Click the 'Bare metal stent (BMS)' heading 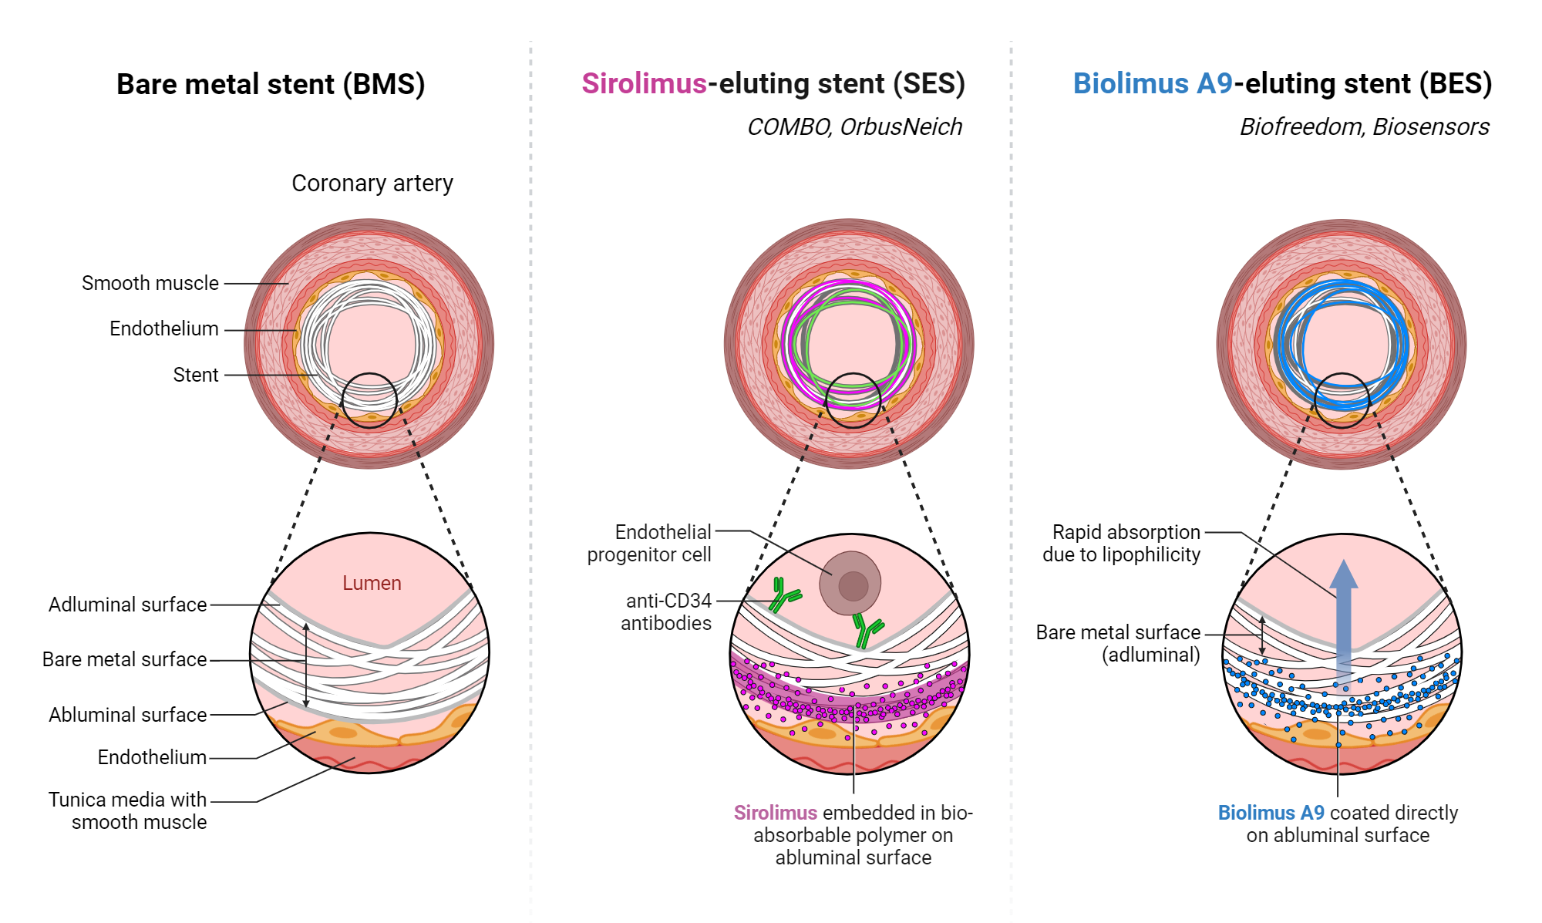tap(271, 84)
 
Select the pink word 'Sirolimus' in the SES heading tap(644, 83)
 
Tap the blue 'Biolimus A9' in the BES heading tap(1153, 83)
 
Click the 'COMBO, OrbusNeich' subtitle tap(854, 126)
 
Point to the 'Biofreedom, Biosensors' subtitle tap(1364, 126)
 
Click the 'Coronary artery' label tap(372, 184)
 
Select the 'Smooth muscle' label tap(150, 283)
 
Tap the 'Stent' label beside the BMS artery tap(196, 375)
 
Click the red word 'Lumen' tap(372, 583)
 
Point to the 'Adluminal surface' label tap(128, 605)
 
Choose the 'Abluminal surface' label tap(128, 715)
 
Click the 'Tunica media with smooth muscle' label tap(128, 810)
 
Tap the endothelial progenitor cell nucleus tap(853, 585)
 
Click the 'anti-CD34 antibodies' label tap(668, 611)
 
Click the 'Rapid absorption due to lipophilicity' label tap(1122, 543)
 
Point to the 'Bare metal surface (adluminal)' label tap(1119, 643)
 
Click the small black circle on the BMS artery tap(369, 400)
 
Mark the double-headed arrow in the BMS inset tap(306, 665)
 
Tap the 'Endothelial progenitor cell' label tap(650, 543)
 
